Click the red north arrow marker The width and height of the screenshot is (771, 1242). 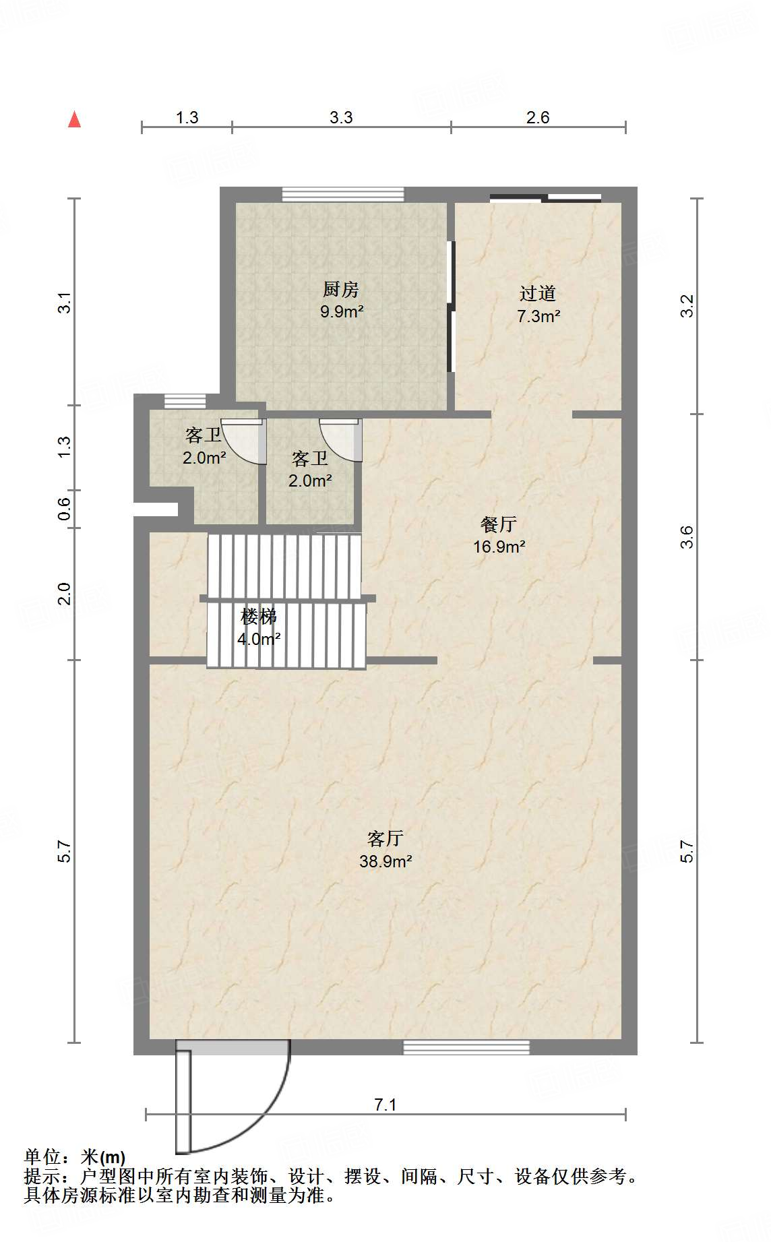(75, 120)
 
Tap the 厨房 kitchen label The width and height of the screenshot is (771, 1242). (341, 290)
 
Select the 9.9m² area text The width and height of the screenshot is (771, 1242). (342, 312)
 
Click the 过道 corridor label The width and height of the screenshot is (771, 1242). (538, 293)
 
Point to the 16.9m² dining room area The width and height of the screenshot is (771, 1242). (499, 547)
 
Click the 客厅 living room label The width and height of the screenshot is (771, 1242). (385, 838)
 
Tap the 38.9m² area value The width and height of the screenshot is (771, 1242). (385, 861)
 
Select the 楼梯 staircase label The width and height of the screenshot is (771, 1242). (259, 616)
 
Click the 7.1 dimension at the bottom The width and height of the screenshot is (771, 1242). (385, 1105)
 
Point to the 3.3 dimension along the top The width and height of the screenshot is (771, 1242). (341, 117)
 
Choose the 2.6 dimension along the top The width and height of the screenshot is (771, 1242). (538, 117)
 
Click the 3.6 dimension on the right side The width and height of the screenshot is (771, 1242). (687, 537)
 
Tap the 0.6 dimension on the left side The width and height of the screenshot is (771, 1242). (65, 508)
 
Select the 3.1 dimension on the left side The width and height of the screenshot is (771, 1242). (65, 303)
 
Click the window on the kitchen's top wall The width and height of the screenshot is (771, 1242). (342, 194)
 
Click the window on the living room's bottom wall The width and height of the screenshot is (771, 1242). (466, 1047)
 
